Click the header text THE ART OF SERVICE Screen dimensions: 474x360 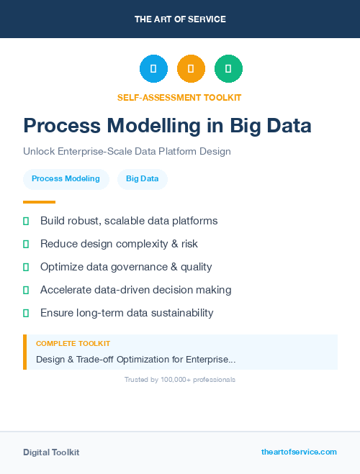coord(180,19)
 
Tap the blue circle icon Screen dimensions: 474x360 coord(153,69)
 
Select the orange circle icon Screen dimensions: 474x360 coord(191,69)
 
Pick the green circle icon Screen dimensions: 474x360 coord(228,69)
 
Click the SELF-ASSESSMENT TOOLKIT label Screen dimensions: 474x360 coord(179,97)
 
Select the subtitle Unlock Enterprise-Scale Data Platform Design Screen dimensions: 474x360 coord(127,152)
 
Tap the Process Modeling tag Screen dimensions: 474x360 coord(66,179)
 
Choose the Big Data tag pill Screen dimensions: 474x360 coord(142,179)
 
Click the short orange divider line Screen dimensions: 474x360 coord(39,202)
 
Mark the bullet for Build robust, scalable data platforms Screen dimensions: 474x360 coord(27,221)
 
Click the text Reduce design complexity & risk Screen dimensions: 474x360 coord(119,244)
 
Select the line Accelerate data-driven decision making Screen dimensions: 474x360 coord(135,290)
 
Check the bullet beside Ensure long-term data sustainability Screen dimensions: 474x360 coord(27,313)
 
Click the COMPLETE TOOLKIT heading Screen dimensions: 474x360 coord(73,344)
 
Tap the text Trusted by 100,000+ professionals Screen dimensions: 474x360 coord(180,379)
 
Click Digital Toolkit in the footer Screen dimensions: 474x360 coord(51,452)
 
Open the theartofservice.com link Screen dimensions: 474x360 coord(299,452)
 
